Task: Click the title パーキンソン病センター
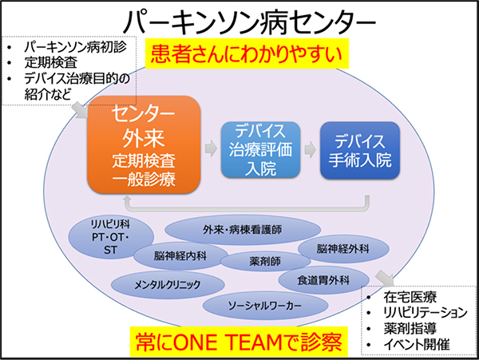(x=249, y=22)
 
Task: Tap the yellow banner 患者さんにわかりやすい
(x=247, y=53)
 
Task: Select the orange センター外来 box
(x=144, y=144)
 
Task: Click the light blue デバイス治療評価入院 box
(x=260, y=149)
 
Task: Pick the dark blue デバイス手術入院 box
(x=360, y=150)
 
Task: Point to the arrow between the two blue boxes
(x=311, y=149)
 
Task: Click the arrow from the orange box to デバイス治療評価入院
(x=211, y=148)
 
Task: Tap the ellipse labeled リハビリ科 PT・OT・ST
(x=111, y=237)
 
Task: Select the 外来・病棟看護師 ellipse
(x=243, y=230)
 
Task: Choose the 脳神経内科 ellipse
(x=180, y=255)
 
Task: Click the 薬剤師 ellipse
(x=265, y=261)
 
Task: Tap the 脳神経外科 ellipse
(x=343, y=249)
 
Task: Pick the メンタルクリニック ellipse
(x=168, y=285)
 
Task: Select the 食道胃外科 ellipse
(x=323, y=280)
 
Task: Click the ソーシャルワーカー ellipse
(x=265, y=306)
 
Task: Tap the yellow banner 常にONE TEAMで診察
(x=239, y=342)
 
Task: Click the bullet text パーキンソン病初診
(x=76, y=47)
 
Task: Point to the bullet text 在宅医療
(x=410, y=297)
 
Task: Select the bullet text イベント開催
(x=417, y=344)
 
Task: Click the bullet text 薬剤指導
(x=410, y=329)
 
